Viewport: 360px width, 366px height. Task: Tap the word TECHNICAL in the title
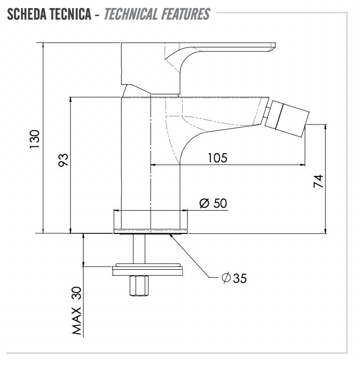click(x=131, y=14)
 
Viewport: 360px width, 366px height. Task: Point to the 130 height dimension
click(x=35, y=139)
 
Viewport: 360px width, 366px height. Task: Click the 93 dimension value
click(x=63, y=160)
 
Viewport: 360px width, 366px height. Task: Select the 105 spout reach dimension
click(x=217, y=158)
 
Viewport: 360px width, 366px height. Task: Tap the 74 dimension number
click(x=318, y=181)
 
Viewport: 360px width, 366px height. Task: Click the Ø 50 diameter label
click(x=213, y=203)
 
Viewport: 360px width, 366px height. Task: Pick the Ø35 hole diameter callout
click(x=234, y=278)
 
